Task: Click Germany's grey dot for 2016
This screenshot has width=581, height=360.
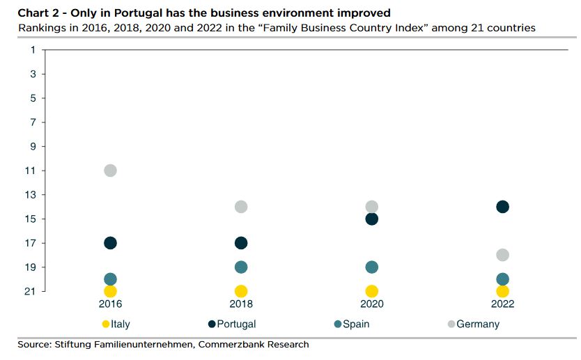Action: (x=110, y=171)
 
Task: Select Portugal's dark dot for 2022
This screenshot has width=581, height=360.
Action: (x=502, y=207)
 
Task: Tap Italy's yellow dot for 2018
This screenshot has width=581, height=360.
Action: (x=241, y=291)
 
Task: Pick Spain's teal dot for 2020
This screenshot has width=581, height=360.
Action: (x=371, y=267)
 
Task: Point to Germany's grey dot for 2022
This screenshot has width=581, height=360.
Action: (x=502, y=255)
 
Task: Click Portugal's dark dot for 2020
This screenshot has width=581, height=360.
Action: (x=371, y=219)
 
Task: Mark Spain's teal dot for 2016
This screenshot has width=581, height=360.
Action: (x=110, y=279)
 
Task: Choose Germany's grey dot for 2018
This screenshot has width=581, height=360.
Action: (x=241, y=207)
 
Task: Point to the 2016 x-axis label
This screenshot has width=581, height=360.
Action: (x=110, y=304)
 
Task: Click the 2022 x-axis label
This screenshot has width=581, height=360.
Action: (x=502, y=304)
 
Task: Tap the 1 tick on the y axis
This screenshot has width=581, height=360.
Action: (x=33, y=49)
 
